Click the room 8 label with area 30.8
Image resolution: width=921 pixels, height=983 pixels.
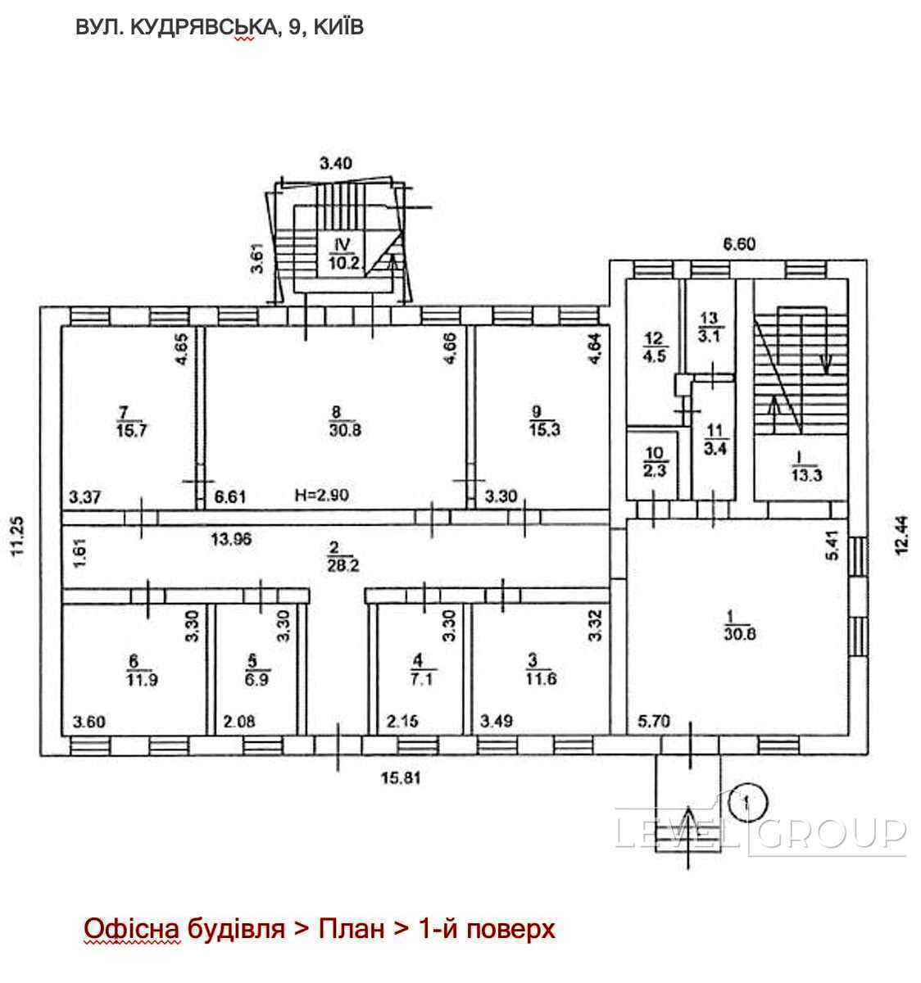345,421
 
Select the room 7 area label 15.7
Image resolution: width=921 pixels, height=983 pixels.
131,421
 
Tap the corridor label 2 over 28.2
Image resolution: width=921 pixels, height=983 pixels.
343,556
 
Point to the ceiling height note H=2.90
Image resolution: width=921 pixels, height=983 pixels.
321,495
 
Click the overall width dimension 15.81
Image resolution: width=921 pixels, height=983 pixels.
401,778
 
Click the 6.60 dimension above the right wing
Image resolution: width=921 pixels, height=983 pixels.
739,244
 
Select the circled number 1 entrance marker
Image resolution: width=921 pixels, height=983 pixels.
747,801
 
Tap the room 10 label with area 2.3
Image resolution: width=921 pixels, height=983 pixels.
654,462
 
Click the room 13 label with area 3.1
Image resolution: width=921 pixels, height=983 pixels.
710,327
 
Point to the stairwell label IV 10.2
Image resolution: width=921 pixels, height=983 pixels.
343,253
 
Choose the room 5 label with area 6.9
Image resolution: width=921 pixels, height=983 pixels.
256,671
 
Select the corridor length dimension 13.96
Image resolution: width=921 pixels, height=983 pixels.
231,538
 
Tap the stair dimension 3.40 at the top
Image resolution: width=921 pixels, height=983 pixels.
336,163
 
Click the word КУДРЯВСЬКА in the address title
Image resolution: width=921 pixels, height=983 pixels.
203,27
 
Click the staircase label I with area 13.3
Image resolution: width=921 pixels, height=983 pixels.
806,467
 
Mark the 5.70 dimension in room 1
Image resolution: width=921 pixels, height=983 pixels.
654,721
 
